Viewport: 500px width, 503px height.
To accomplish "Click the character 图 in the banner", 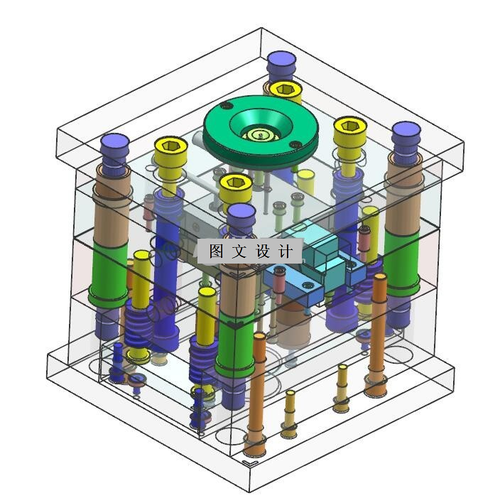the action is click(x=216, y=251).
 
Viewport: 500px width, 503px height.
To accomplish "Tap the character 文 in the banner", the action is click(x=239, y=251).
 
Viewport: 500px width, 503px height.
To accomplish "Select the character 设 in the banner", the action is click(x=262, y=251).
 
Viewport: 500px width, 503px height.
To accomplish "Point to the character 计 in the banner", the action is click(x=286, y=251).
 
